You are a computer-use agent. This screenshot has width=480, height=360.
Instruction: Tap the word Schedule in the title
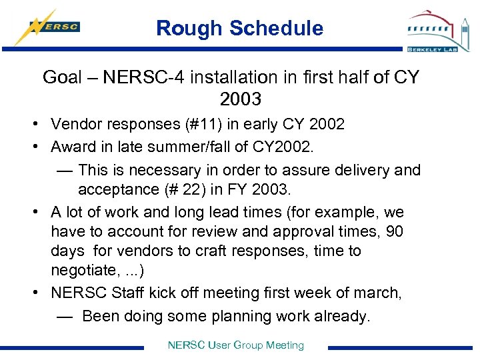tap(275, 28)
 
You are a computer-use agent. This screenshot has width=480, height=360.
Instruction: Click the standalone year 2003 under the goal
tap(240, 99)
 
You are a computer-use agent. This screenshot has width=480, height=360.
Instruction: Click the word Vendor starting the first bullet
tap(74, 124)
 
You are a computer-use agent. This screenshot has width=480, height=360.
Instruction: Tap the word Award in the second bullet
tap(71, 146)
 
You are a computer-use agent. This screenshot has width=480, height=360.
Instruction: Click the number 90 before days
tap(393, 232)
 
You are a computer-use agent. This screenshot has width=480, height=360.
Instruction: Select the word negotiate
tap(84, 270)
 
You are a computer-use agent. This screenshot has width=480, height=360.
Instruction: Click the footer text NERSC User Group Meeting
tap(236, 345)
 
